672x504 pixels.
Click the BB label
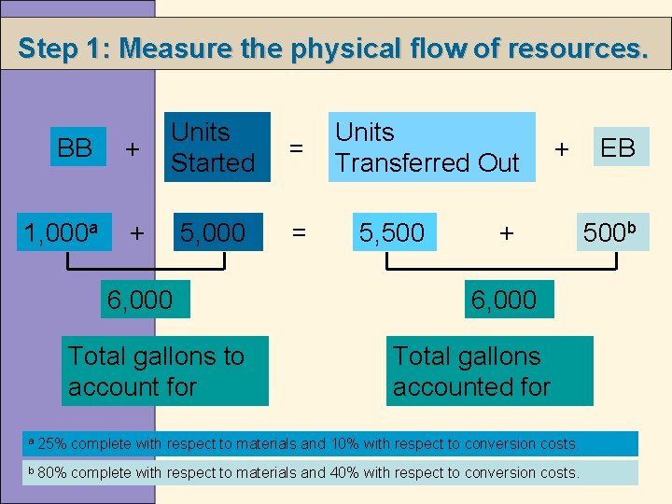coord(74,147)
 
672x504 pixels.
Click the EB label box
coord(618,147)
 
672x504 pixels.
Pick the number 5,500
coord(392,231)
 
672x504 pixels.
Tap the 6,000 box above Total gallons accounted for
coord(504,300)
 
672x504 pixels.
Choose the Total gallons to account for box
coord(165,371)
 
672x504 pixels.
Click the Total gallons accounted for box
coord(489,371)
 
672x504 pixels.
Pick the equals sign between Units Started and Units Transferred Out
coord(297,147)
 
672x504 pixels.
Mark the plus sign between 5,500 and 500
coord(506,232)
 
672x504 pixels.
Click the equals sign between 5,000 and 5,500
coord(299,232)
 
